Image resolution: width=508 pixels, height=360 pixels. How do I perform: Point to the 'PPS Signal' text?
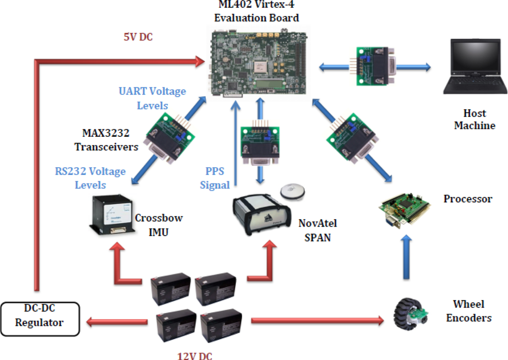point(215,178)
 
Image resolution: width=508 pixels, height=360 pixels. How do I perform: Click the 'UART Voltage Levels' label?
point(152,98)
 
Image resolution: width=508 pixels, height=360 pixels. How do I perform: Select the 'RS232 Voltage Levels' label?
point(90,178)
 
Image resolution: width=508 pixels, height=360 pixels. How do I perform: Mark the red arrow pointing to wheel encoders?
point(317,321)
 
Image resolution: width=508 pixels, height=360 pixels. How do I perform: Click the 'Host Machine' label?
point(474,119)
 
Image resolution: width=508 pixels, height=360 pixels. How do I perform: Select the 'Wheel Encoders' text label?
point(468,311)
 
